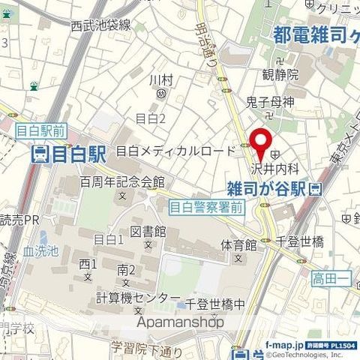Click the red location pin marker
coord(259,145)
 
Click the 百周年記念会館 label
coord(132,182)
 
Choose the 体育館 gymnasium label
coord(238,245)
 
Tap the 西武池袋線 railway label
coord(100,25)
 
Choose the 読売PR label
coord(19,220)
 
